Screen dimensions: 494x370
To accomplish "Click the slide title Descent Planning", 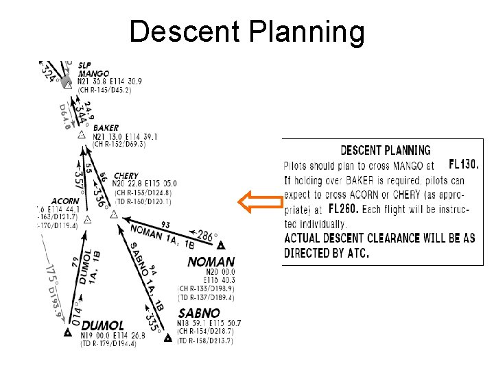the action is pos(247,32).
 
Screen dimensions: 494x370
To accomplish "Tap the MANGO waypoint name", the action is pos(93,73).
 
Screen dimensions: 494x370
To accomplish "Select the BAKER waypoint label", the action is pos(106,127).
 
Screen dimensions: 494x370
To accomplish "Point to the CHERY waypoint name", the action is pos(126,176).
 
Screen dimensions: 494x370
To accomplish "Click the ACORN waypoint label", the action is pos(65,201).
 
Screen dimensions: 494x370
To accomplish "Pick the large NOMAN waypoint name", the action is pos(211,262).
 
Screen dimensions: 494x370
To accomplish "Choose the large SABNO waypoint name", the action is pos(200,313).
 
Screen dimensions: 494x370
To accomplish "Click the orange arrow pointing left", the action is pos(260,203).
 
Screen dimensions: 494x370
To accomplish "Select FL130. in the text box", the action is pos(464,165).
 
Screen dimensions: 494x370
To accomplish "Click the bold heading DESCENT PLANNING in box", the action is pos(386,151).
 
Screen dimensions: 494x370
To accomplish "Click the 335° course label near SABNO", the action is pos(152,317).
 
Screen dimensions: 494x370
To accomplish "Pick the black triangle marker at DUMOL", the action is pos(68,334).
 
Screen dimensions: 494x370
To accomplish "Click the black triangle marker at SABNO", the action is pos(167,337).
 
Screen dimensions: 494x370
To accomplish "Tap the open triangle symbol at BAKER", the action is pos(82,134).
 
